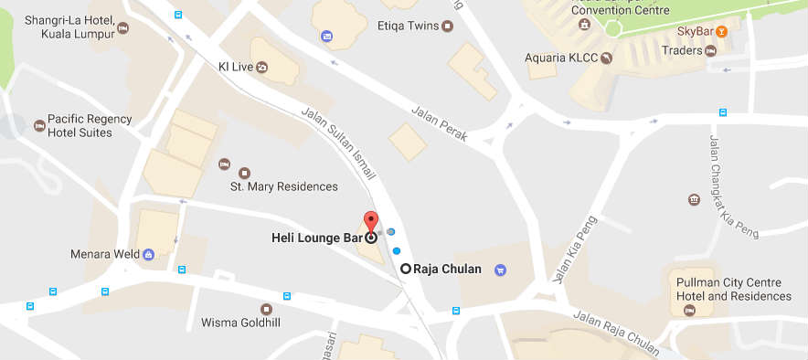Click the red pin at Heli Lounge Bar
click(x=370, y=220)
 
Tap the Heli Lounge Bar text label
click(x=317, y=238)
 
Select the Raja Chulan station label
click(x=447, y=270)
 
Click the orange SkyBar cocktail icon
click(x=720, y=32)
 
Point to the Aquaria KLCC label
click(x=559, y=58)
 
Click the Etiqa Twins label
click(x=407, y=26)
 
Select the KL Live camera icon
click(x=262, y=67)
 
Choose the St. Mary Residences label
click(x=283, y=186)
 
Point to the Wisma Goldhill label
click(x=240, y=323)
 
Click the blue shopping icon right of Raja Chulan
click(x=500, y=270)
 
